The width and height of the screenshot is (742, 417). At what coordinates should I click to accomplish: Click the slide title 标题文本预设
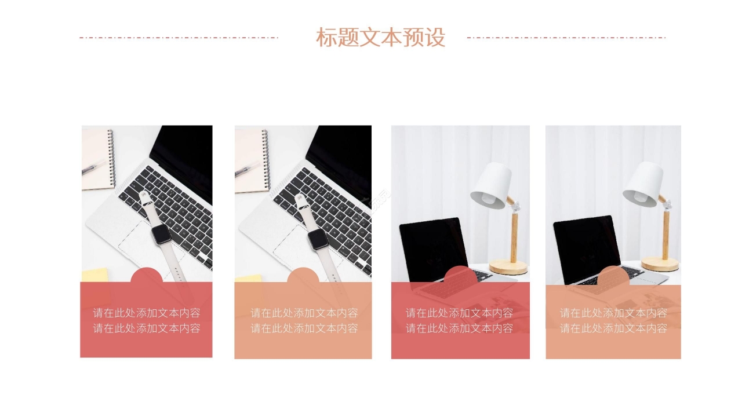[380, 38]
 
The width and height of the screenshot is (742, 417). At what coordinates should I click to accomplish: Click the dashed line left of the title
[179, 38]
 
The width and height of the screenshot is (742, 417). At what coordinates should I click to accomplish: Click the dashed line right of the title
[566, 38]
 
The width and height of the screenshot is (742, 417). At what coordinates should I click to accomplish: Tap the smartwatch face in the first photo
[161, 235]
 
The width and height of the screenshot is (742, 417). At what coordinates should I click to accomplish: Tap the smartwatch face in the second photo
[317, 239]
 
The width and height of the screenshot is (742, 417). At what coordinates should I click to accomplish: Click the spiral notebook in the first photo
[97, 160]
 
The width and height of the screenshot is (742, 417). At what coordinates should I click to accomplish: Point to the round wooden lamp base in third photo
[508, 267]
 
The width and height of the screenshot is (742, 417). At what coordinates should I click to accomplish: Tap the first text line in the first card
[147, 313]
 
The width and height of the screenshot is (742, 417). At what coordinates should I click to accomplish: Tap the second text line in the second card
[304, 329]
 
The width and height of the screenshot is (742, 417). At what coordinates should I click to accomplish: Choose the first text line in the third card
[459, 313]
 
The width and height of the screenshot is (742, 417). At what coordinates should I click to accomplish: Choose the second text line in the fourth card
[613, 329]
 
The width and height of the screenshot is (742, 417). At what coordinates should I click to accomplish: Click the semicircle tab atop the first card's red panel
[146, 276]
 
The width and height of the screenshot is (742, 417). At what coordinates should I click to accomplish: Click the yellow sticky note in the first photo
[94, 275]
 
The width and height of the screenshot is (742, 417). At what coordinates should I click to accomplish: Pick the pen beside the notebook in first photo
[93, 167]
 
